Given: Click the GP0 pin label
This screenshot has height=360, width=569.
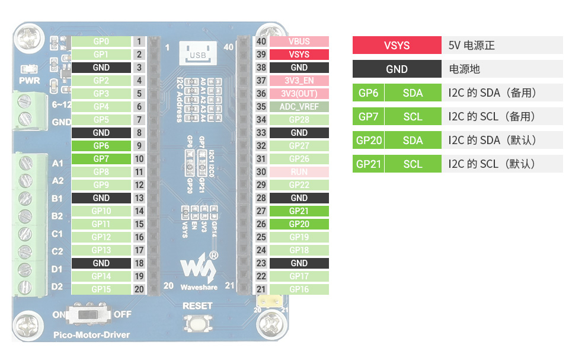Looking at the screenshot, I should [x=101, y=42].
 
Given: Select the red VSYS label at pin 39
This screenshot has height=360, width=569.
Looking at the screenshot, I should [x=299, y=55].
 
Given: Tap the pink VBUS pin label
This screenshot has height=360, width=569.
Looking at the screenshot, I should [x=299, y=42].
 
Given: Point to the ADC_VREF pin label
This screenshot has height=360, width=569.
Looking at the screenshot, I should [x=299, y=107].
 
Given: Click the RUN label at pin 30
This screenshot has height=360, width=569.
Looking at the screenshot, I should [x=299, y=172].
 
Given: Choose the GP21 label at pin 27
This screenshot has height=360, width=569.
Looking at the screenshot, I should [x=299, y=211].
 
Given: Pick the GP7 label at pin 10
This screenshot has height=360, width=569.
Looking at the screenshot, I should [x=101, y=159].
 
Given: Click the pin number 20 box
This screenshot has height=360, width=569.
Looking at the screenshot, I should [x=139, y=289].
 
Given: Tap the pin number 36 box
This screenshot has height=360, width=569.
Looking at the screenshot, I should [x=261, y=94].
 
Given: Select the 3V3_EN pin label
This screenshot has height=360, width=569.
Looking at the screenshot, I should [x=299, y=81].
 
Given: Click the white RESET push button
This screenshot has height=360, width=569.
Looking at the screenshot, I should [x=197, y=323].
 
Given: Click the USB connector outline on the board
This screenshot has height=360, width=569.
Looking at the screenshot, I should [x=197, y=53].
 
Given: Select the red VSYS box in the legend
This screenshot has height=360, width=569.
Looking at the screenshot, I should [x=397, y=46].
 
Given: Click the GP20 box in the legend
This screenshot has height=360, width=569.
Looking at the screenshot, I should [x=368, y=141].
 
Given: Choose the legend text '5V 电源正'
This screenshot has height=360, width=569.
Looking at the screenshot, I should [x=472, y=46].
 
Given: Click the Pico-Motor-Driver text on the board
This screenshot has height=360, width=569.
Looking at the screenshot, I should [x=91, y=334].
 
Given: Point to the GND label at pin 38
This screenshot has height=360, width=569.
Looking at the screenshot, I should [x=299, y=68].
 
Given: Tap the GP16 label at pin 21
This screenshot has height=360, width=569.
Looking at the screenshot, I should [x=299, y=289].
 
